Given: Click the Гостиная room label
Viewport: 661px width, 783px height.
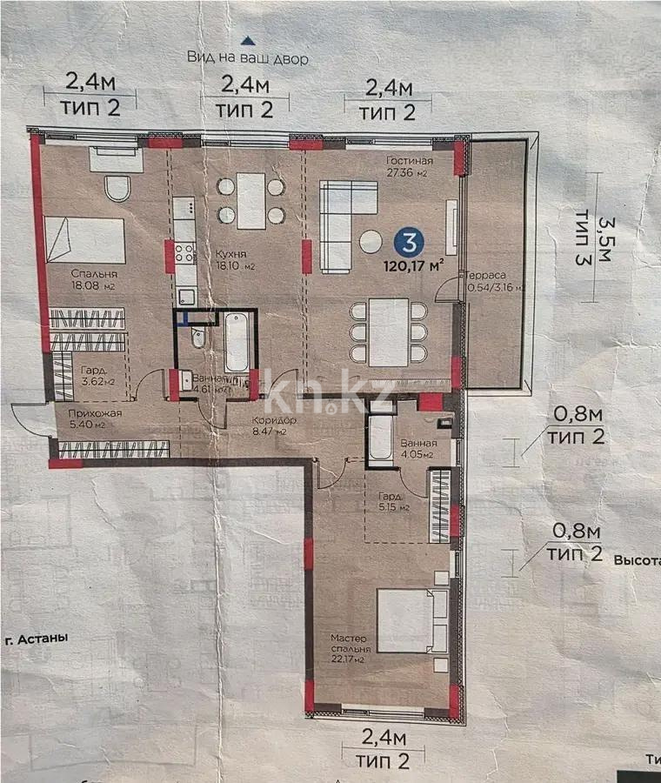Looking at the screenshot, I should [x=409, y=161].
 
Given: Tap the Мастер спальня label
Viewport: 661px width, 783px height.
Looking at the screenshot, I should [x=351, y=644].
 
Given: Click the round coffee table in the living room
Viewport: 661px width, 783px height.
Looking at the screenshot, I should [x=371, y=241].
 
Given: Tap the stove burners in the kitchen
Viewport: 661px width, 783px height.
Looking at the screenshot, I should [x=184, y=253].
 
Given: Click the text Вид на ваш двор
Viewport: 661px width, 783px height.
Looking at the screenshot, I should [x=248, y=58].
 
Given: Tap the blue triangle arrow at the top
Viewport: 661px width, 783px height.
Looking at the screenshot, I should [x=248, y=40].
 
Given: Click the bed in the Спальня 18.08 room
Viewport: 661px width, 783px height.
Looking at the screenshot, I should [x=84, y=240].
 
